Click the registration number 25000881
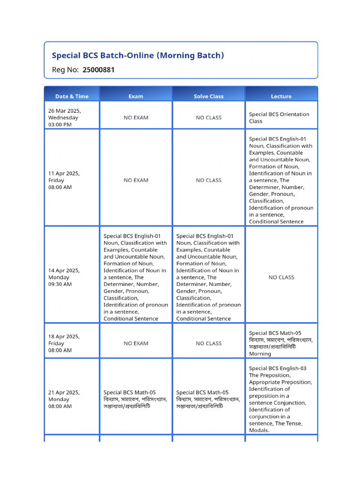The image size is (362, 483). (x=99, y=70)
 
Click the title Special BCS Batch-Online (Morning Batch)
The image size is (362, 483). (x=138, y=55)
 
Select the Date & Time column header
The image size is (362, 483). (x=72, y=96)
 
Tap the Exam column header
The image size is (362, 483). (x=136, y=96)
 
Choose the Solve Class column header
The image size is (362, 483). (x=208, y=96)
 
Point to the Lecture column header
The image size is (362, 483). (x=281, y=96)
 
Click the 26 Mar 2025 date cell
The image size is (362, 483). (x=64, y=117)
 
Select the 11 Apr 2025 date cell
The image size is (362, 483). (x=64, y=180)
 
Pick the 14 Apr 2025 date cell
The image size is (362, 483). (x=64, y=277)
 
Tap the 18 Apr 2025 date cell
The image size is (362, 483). (x=64, y=343)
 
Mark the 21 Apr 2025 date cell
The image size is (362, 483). (x=64, y=399)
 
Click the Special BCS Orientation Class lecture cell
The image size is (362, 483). (x=279, y=117)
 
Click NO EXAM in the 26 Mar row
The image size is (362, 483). (x=136, y=117)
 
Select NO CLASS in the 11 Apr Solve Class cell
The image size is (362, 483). (x=208, y=180)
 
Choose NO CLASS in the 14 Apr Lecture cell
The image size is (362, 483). (x=281, y=277)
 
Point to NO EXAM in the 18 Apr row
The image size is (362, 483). (x=136, y=343)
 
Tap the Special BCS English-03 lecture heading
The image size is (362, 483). (x=278, y=368)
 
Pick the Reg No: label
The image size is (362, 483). (x=65, y=70)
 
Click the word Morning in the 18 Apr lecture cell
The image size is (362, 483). (x=260, y=354)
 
